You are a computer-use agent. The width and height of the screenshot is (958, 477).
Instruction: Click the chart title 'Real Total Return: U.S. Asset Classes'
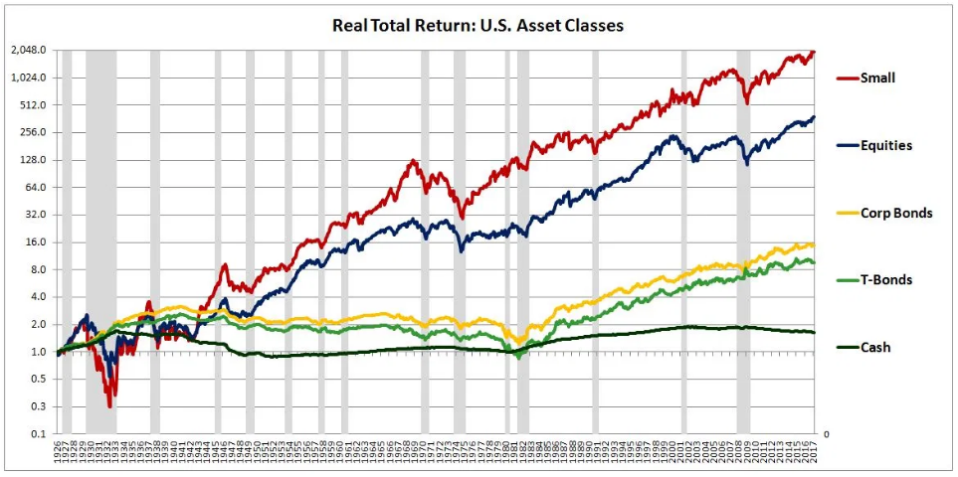coord(478,25)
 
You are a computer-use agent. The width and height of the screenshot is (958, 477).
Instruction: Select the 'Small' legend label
coord(878,78)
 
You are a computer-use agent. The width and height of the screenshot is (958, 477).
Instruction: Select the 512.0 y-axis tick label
coord(33,104)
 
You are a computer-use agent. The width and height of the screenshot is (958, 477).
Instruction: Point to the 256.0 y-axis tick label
coord(33,132)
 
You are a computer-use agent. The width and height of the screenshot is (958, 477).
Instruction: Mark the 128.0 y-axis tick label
coord(33,160)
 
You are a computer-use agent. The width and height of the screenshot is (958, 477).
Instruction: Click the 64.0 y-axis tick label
coord(36,187)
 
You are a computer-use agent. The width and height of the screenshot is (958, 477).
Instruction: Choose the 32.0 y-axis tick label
coord(36,215)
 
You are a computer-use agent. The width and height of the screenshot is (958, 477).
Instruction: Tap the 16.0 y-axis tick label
coord(36,242)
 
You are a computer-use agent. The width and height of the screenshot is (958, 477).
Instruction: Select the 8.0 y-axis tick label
coord(39,269)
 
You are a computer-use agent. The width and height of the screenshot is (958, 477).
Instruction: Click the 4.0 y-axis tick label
coord(39,297)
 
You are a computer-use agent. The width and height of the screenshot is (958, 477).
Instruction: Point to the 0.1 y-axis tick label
coord(39,434)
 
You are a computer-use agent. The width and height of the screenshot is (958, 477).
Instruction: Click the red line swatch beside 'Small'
coord(847,78)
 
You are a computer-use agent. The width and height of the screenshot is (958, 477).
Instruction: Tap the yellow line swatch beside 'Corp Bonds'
coord(847,213)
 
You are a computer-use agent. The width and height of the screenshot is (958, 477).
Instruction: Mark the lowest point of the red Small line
coord(109,405)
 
